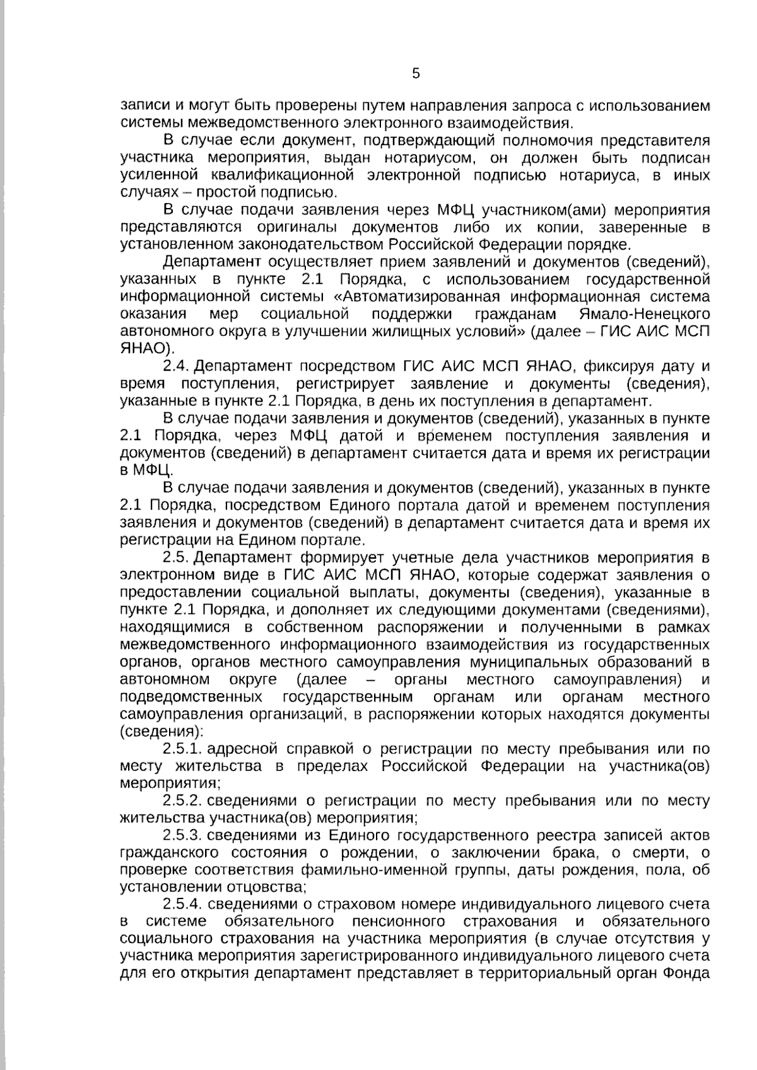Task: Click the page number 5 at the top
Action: (x=416, y=74)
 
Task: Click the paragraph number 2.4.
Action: (x=177, y=366)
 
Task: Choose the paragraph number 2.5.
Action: (x=177, y=558)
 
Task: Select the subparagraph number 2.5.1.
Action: (x=182, y=749)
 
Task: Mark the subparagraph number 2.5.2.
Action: (x=182, y=801)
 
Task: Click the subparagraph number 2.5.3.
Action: (x=182, y=836)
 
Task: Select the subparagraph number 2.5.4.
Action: (x=182, y=904)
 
